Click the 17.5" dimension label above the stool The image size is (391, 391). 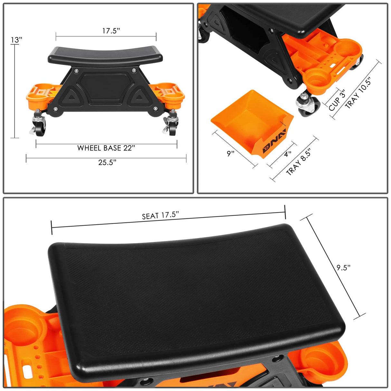111,31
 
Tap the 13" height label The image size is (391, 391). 16,40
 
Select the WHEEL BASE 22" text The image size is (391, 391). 106,148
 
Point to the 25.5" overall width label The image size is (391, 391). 107,162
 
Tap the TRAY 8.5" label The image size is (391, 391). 299,162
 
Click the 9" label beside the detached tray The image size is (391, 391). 230,153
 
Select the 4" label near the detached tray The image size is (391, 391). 288,154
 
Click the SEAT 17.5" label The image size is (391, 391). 160,215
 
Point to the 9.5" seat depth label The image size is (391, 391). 343,267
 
